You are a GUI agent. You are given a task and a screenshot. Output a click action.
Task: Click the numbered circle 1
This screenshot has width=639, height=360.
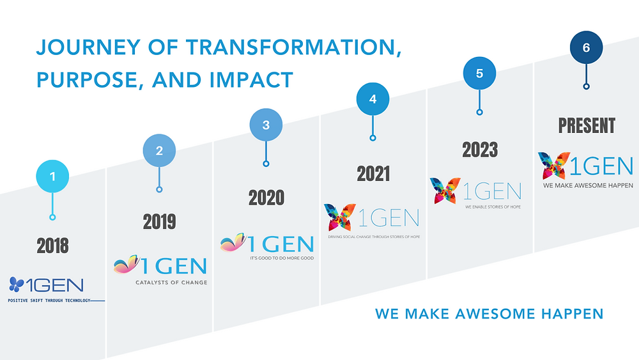(x=53, y=174)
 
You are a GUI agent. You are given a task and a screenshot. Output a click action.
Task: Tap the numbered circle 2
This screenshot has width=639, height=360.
(x=159, y=151)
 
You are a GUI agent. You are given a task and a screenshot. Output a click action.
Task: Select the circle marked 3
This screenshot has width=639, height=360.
(x=266, y=125)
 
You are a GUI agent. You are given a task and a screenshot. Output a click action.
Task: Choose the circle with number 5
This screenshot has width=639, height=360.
(x=479, y=73)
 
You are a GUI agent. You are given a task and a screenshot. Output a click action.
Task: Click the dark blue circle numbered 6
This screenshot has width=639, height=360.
(x=586, y=47)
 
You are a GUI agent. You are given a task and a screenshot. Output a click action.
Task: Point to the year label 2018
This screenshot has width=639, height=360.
(x=53, y=246)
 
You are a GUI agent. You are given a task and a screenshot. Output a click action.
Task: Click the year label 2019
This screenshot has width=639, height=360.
(x=159, y=222)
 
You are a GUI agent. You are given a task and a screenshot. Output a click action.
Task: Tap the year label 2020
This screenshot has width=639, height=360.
(x=266, y=198)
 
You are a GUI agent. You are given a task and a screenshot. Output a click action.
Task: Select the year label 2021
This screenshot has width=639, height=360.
(x=373, y=173)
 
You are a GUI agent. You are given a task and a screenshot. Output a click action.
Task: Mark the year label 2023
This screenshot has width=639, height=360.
(x=479, y=150)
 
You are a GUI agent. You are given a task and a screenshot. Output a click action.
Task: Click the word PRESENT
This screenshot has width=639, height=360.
(x=587, y=125)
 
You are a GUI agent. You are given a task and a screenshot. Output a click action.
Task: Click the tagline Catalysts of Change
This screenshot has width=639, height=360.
(x=171, y=282)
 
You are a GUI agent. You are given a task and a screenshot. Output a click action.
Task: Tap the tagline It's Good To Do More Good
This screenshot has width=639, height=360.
(x=282, y=258)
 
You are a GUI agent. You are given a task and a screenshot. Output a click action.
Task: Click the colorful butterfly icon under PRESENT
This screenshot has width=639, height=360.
(x=552, y=166)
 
